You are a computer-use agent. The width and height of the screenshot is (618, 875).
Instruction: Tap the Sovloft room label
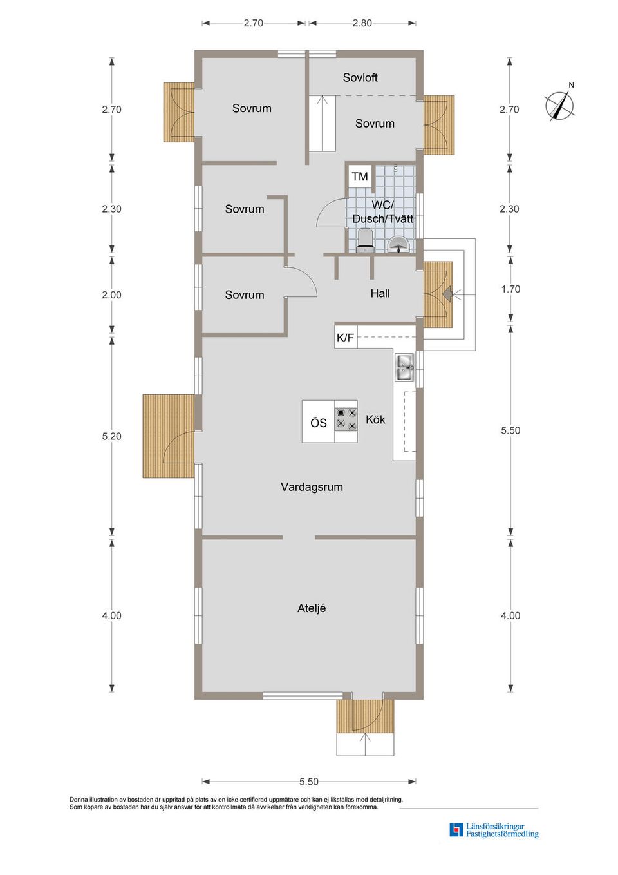tap(360, 78)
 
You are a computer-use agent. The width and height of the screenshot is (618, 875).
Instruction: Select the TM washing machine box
tap(360, 177)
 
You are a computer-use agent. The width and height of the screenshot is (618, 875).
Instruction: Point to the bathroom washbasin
tap(398, 244)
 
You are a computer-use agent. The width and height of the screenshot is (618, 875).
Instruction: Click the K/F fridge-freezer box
tap(346, 338)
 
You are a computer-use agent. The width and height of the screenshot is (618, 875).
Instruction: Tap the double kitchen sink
tap(406, 367)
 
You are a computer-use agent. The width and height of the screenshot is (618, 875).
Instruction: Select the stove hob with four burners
tap(346, 419)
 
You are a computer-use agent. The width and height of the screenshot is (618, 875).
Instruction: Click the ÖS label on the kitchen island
tap(319, 423)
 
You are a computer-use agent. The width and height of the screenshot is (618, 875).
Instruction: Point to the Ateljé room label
tap(312, 608)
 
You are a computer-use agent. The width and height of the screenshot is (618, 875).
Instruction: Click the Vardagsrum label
tap(312, 487)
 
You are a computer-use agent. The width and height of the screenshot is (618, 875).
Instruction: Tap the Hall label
tap(380, 293)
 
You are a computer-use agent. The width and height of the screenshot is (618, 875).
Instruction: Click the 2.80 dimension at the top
tap(362, 23)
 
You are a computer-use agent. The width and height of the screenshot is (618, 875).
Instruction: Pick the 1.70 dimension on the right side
tap(510, 289)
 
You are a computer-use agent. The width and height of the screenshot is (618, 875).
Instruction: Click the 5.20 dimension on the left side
tap(111, 436)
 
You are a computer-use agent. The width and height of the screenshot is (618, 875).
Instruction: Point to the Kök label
tap(375, 419)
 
